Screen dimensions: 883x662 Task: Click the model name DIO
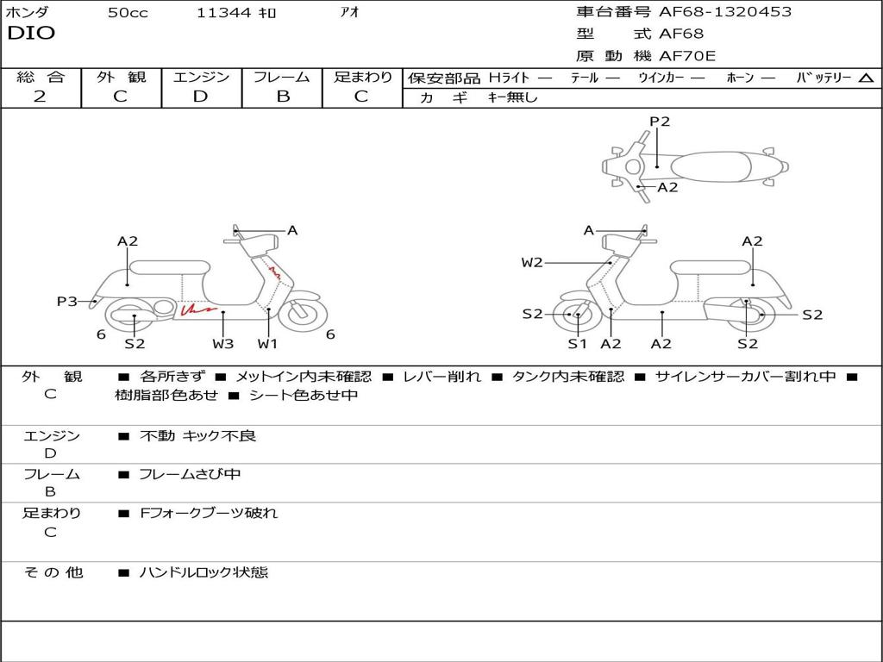coord(31,34)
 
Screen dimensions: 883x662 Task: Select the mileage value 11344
coord(223,12)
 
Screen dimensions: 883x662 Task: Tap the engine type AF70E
coord(688,56)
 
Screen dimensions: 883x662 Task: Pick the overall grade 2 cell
coord(40,97)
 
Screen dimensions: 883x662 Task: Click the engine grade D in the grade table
coord(200,97)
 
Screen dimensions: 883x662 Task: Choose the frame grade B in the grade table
coord(282,97)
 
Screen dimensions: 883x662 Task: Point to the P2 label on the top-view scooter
coord(660,122)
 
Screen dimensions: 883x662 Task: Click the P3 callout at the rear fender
coord(67,302)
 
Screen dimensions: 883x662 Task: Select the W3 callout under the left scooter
coord(222,344)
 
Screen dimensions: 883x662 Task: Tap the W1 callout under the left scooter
coord(268,344)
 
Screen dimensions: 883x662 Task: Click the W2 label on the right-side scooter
coord(532,263)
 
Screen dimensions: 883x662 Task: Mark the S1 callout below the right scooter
coord(577,344)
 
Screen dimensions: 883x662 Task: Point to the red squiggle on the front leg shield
coord(275,272)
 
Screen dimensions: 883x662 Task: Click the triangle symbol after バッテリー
coord(866,78)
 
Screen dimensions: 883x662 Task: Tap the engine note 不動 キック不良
coord(198,436)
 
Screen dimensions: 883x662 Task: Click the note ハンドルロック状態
coord(204,572)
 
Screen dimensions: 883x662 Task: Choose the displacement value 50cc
coord(128,12)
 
